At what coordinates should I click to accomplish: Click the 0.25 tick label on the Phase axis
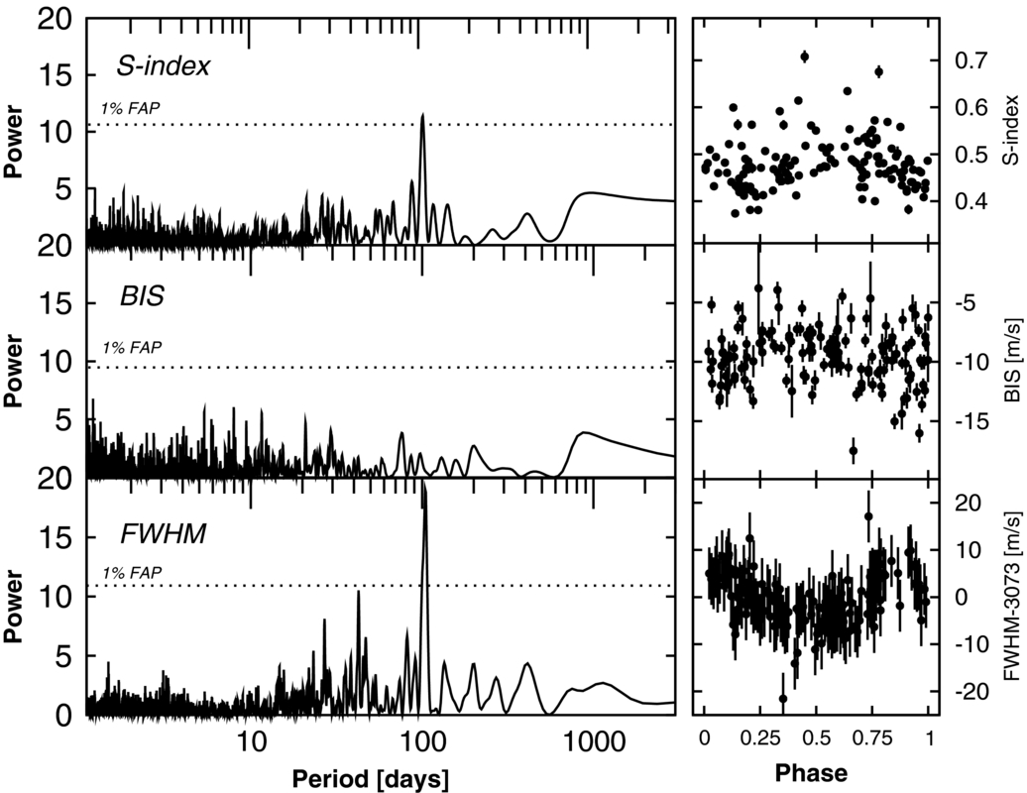pos(759,738)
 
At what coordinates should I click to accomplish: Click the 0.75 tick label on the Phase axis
pos(872,738)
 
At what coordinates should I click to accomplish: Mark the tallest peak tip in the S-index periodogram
pos(423,114)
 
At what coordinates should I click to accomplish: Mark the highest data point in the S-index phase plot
pos(805,57)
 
